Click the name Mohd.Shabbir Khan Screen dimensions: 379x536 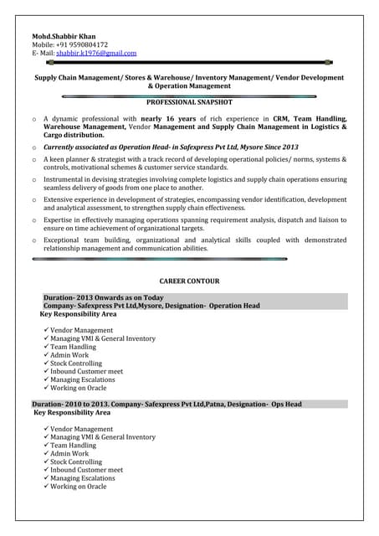tap(64, 37)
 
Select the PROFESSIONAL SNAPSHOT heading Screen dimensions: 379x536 tap(189, 101)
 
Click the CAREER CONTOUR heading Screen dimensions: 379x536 tap(189, 281)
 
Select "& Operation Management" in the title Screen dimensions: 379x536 tap(189, 85)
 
